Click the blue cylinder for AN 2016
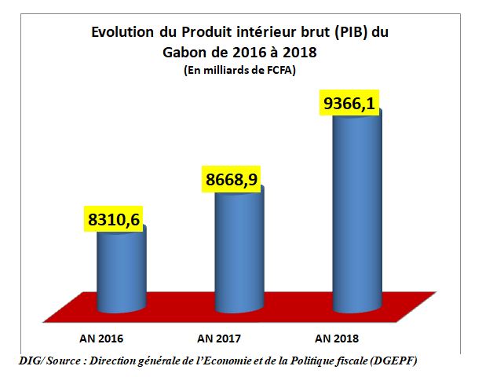coord(120,271)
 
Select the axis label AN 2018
coord(336,339)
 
